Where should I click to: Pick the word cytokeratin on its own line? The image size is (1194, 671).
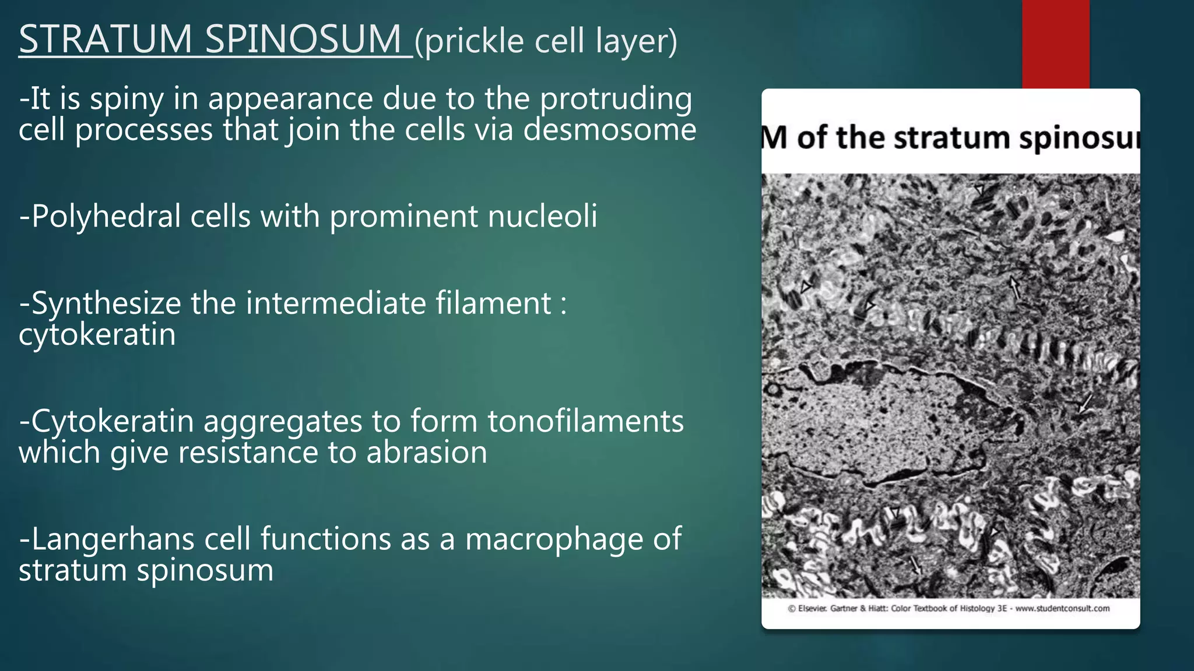(x=97, y=335)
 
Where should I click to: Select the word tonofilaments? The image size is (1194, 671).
(x=585, y=421)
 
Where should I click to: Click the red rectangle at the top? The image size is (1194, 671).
(x=1055, y=44)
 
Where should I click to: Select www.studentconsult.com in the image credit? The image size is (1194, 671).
(x=1062, y=609)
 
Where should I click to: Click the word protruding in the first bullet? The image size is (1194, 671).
(x=616, y=99)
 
